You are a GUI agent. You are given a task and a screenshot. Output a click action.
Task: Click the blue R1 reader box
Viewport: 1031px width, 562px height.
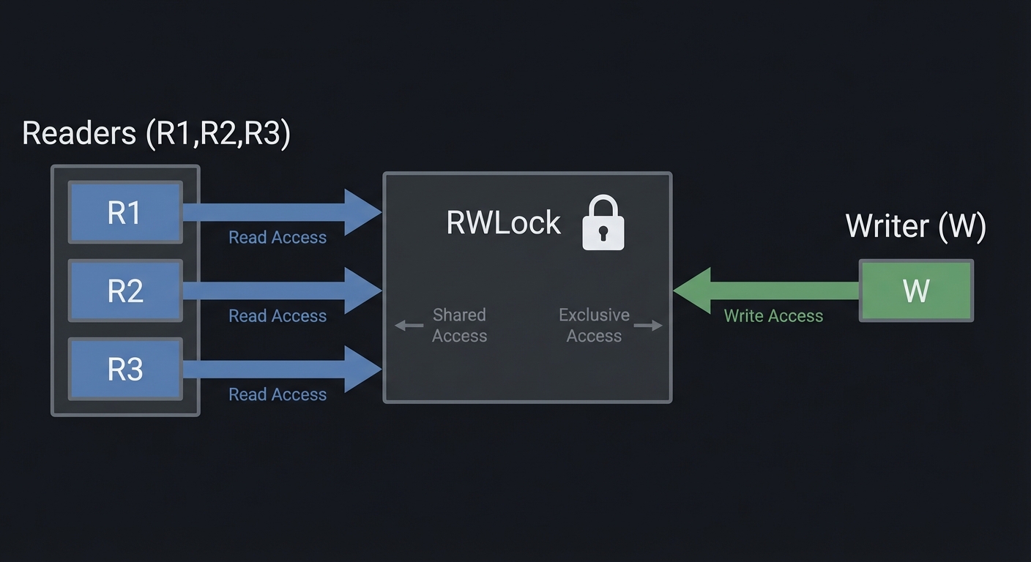tap(124, 212)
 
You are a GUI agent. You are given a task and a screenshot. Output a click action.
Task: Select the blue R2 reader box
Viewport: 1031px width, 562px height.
tap(124, 291)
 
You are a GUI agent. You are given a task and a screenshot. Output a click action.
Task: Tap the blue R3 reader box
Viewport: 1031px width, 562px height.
tap(124, 369)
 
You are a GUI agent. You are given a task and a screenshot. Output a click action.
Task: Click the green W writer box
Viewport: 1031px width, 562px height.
tap(916, 291)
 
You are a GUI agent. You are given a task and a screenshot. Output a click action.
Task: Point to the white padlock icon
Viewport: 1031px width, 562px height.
tap(603, 223)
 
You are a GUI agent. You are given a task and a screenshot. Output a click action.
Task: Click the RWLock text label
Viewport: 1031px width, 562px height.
tap(504, 223)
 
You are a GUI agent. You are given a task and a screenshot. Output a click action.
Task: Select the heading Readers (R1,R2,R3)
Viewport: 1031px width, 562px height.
tap(156, 134)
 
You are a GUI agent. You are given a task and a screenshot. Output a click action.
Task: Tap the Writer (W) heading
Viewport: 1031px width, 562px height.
tap(915, 226)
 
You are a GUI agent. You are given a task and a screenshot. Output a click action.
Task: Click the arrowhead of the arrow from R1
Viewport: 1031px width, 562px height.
tap(362, 212)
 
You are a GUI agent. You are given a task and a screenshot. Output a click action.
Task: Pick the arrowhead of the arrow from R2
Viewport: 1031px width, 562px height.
tap(362, 291)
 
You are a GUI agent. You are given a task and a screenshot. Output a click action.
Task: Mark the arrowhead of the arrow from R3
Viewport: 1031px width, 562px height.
tap(362, 369)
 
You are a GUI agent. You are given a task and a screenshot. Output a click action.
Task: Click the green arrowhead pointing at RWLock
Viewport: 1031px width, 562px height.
tap(693, 291)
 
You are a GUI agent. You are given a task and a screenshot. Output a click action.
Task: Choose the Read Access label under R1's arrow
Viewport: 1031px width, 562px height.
tap(278, 238)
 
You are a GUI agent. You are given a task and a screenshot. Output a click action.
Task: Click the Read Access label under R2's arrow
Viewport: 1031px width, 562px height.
tap(278, 316)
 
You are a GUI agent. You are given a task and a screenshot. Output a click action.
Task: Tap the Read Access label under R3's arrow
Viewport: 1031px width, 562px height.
tap(278, 394)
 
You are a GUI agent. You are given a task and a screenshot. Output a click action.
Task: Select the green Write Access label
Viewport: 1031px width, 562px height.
tap(773, 316)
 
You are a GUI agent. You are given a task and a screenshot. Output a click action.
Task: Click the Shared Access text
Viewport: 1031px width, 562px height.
tap(459, 326)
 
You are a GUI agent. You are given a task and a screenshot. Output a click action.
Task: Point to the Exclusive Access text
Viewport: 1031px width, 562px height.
tap(594, 326)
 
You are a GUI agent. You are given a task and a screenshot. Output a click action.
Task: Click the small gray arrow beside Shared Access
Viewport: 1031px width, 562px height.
tap(409, 326)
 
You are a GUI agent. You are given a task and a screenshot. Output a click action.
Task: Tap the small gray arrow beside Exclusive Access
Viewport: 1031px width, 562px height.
tap(648, 326)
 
